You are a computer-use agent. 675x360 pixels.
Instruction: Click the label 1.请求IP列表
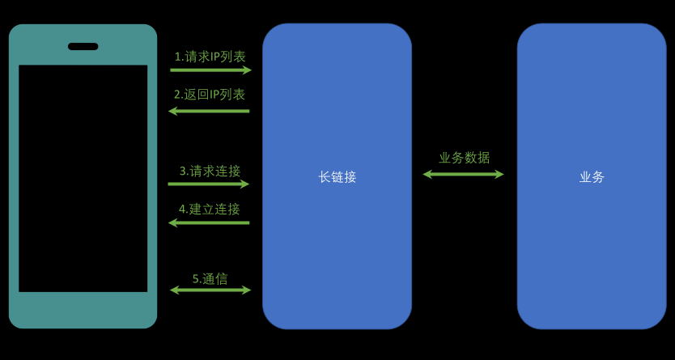(210, 57)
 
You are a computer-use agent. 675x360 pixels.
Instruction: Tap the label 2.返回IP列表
(210, 95)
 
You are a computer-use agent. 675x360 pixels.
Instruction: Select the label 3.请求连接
(210, 172)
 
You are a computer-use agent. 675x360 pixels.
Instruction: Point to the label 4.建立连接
(210, 210)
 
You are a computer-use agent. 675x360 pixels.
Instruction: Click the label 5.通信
(210, 279)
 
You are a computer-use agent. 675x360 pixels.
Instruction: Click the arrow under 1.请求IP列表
(210, 70)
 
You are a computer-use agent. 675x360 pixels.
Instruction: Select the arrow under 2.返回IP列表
(209, 110)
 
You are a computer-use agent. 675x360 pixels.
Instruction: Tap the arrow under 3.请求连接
(209, 184)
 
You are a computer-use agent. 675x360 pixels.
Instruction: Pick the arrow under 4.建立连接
(209, 222)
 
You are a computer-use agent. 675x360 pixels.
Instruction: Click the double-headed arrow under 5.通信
(210, 290)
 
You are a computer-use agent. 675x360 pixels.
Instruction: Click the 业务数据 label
(464, 158)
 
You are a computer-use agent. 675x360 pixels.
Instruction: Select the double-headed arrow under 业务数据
(463, 174)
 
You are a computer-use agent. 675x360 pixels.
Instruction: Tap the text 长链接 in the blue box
(337, 177)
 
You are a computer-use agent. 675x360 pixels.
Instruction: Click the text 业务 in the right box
(592, 177)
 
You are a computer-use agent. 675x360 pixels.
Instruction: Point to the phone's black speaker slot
(83, 47)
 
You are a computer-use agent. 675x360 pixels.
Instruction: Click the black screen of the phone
(83, 178)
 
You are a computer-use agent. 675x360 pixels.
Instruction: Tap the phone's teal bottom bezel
(83, 310)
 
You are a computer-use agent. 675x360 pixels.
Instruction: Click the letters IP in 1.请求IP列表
(215, 57)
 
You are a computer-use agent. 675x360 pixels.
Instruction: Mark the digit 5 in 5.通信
(196, 279)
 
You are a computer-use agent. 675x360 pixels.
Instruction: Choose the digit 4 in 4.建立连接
(182, 210)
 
